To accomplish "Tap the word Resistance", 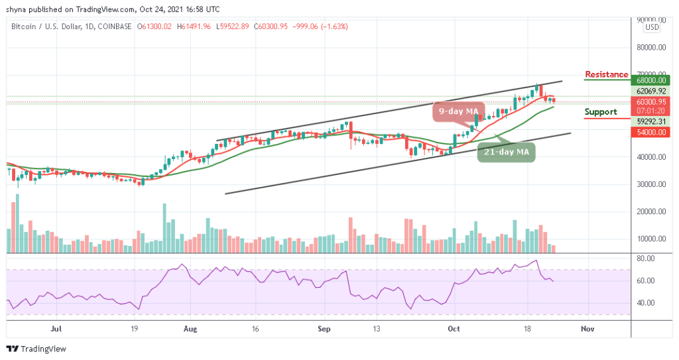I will (606, 74).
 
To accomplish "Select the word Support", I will (601, 112).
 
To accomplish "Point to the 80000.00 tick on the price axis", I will (650, 48).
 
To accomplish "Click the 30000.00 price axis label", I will (650, 184).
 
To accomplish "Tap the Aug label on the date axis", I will (190, 328).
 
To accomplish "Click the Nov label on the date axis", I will (586, 328).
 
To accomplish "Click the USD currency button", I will (652, 27).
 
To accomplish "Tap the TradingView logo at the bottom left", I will (36, 349).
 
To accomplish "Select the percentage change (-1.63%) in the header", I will (334, 27).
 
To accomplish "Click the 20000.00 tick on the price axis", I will (650, 212).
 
